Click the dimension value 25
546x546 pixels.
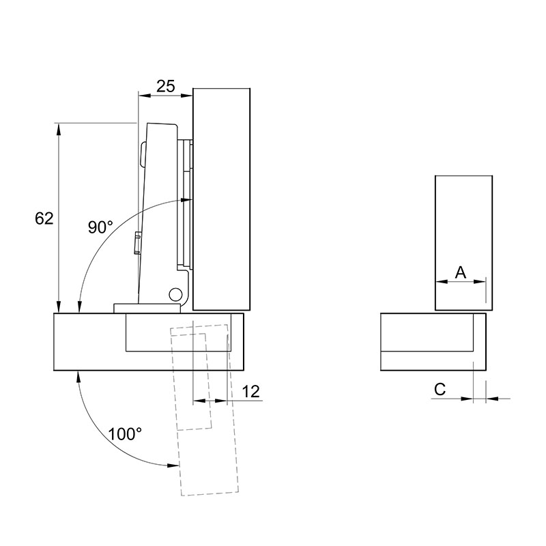(165, 87)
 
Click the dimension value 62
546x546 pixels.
(44, 218)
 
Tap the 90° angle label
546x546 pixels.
(100, 227)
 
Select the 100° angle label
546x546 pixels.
(125, 434)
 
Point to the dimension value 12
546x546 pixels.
(250, 391)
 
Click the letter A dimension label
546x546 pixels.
(461, 272)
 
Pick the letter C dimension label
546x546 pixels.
(440, 389)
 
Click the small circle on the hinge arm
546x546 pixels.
(175, 295)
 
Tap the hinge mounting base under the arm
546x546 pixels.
(147, 308)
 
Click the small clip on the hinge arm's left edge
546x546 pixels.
(138, 243)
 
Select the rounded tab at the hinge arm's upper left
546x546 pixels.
(143, 154)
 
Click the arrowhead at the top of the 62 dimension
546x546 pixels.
(59, 129)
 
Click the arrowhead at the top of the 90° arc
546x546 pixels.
(186, 200)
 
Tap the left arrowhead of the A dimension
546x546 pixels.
(442, 282)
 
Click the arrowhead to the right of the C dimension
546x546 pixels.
(492, 399)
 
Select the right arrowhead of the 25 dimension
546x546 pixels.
(186, 95)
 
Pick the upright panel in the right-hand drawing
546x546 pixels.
(463, 243)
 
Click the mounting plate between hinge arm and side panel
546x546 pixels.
(186, 204)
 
